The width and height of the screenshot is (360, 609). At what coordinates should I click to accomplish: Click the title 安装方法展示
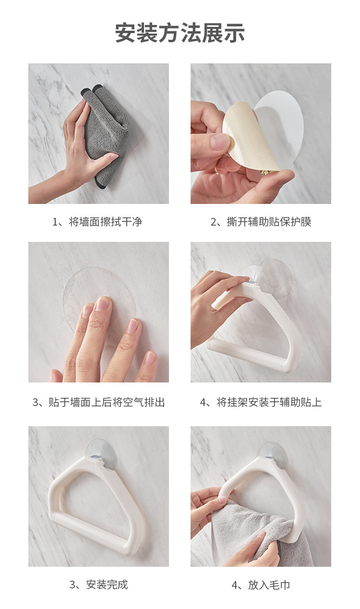click(180, 33)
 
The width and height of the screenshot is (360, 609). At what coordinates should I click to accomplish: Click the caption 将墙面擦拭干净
click(106, 222)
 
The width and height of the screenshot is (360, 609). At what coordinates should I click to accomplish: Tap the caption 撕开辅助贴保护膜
click(269, 222)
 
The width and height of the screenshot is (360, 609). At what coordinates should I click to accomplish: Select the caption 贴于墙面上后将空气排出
click(107, 402)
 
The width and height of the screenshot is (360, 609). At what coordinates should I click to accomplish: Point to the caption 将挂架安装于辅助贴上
click(269, 402)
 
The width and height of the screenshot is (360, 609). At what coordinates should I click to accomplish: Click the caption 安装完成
click(107, 585)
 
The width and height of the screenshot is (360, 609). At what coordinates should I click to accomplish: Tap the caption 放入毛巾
click(269, 585)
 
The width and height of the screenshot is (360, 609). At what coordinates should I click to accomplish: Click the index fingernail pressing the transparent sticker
click(103, 304)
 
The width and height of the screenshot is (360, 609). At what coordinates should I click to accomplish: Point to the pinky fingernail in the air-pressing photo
click(150, 358)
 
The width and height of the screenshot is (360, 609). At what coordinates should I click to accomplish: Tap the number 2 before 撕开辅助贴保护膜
click(214, 222)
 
